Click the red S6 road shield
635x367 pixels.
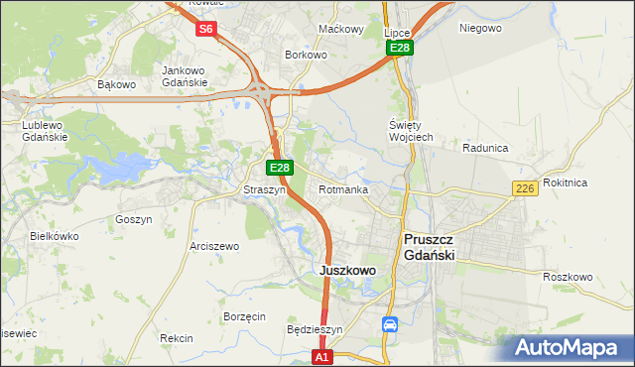(x=205, y=29)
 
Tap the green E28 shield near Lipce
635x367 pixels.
(x=400, y=48)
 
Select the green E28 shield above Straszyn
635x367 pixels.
(x=280, y=168)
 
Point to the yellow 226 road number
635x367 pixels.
(x=526, y=188)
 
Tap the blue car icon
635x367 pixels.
(x=390, y=324)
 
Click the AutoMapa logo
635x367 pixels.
(x=569, y=347)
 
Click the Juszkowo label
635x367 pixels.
(x=347, y=270)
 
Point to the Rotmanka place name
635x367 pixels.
(x=343, y=189)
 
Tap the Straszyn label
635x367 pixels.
(x=265, y=189)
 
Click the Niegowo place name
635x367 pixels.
(x=480, y=28)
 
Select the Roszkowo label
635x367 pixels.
(x=568, y=277)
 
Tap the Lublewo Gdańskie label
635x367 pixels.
(x=45, y=131)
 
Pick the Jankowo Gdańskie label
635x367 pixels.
(x=184, y=76)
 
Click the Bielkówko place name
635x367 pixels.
(x=55, y=236)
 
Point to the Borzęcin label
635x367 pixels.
(x=244, y=316)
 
